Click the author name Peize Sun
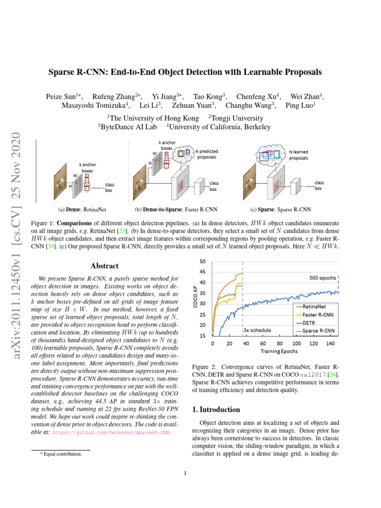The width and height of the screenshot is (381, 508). pos(64,96)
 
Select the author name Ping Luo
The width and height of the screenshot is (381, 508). pos(300,105)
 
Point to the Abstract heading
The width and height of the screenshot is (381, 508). pos(105,266)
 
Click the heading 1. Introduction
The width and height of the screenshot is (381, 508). pos(216,410)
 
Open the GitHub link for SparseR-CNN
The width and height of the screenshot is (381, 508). pos(111,433)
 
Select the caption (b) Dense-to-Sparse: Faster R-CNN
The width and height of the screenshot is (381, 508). pos(176,209)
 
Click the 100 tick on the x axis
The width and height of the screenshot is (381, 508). pos(296,343)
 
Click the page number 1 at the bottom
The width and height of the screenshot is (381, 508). pos(185,473)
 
